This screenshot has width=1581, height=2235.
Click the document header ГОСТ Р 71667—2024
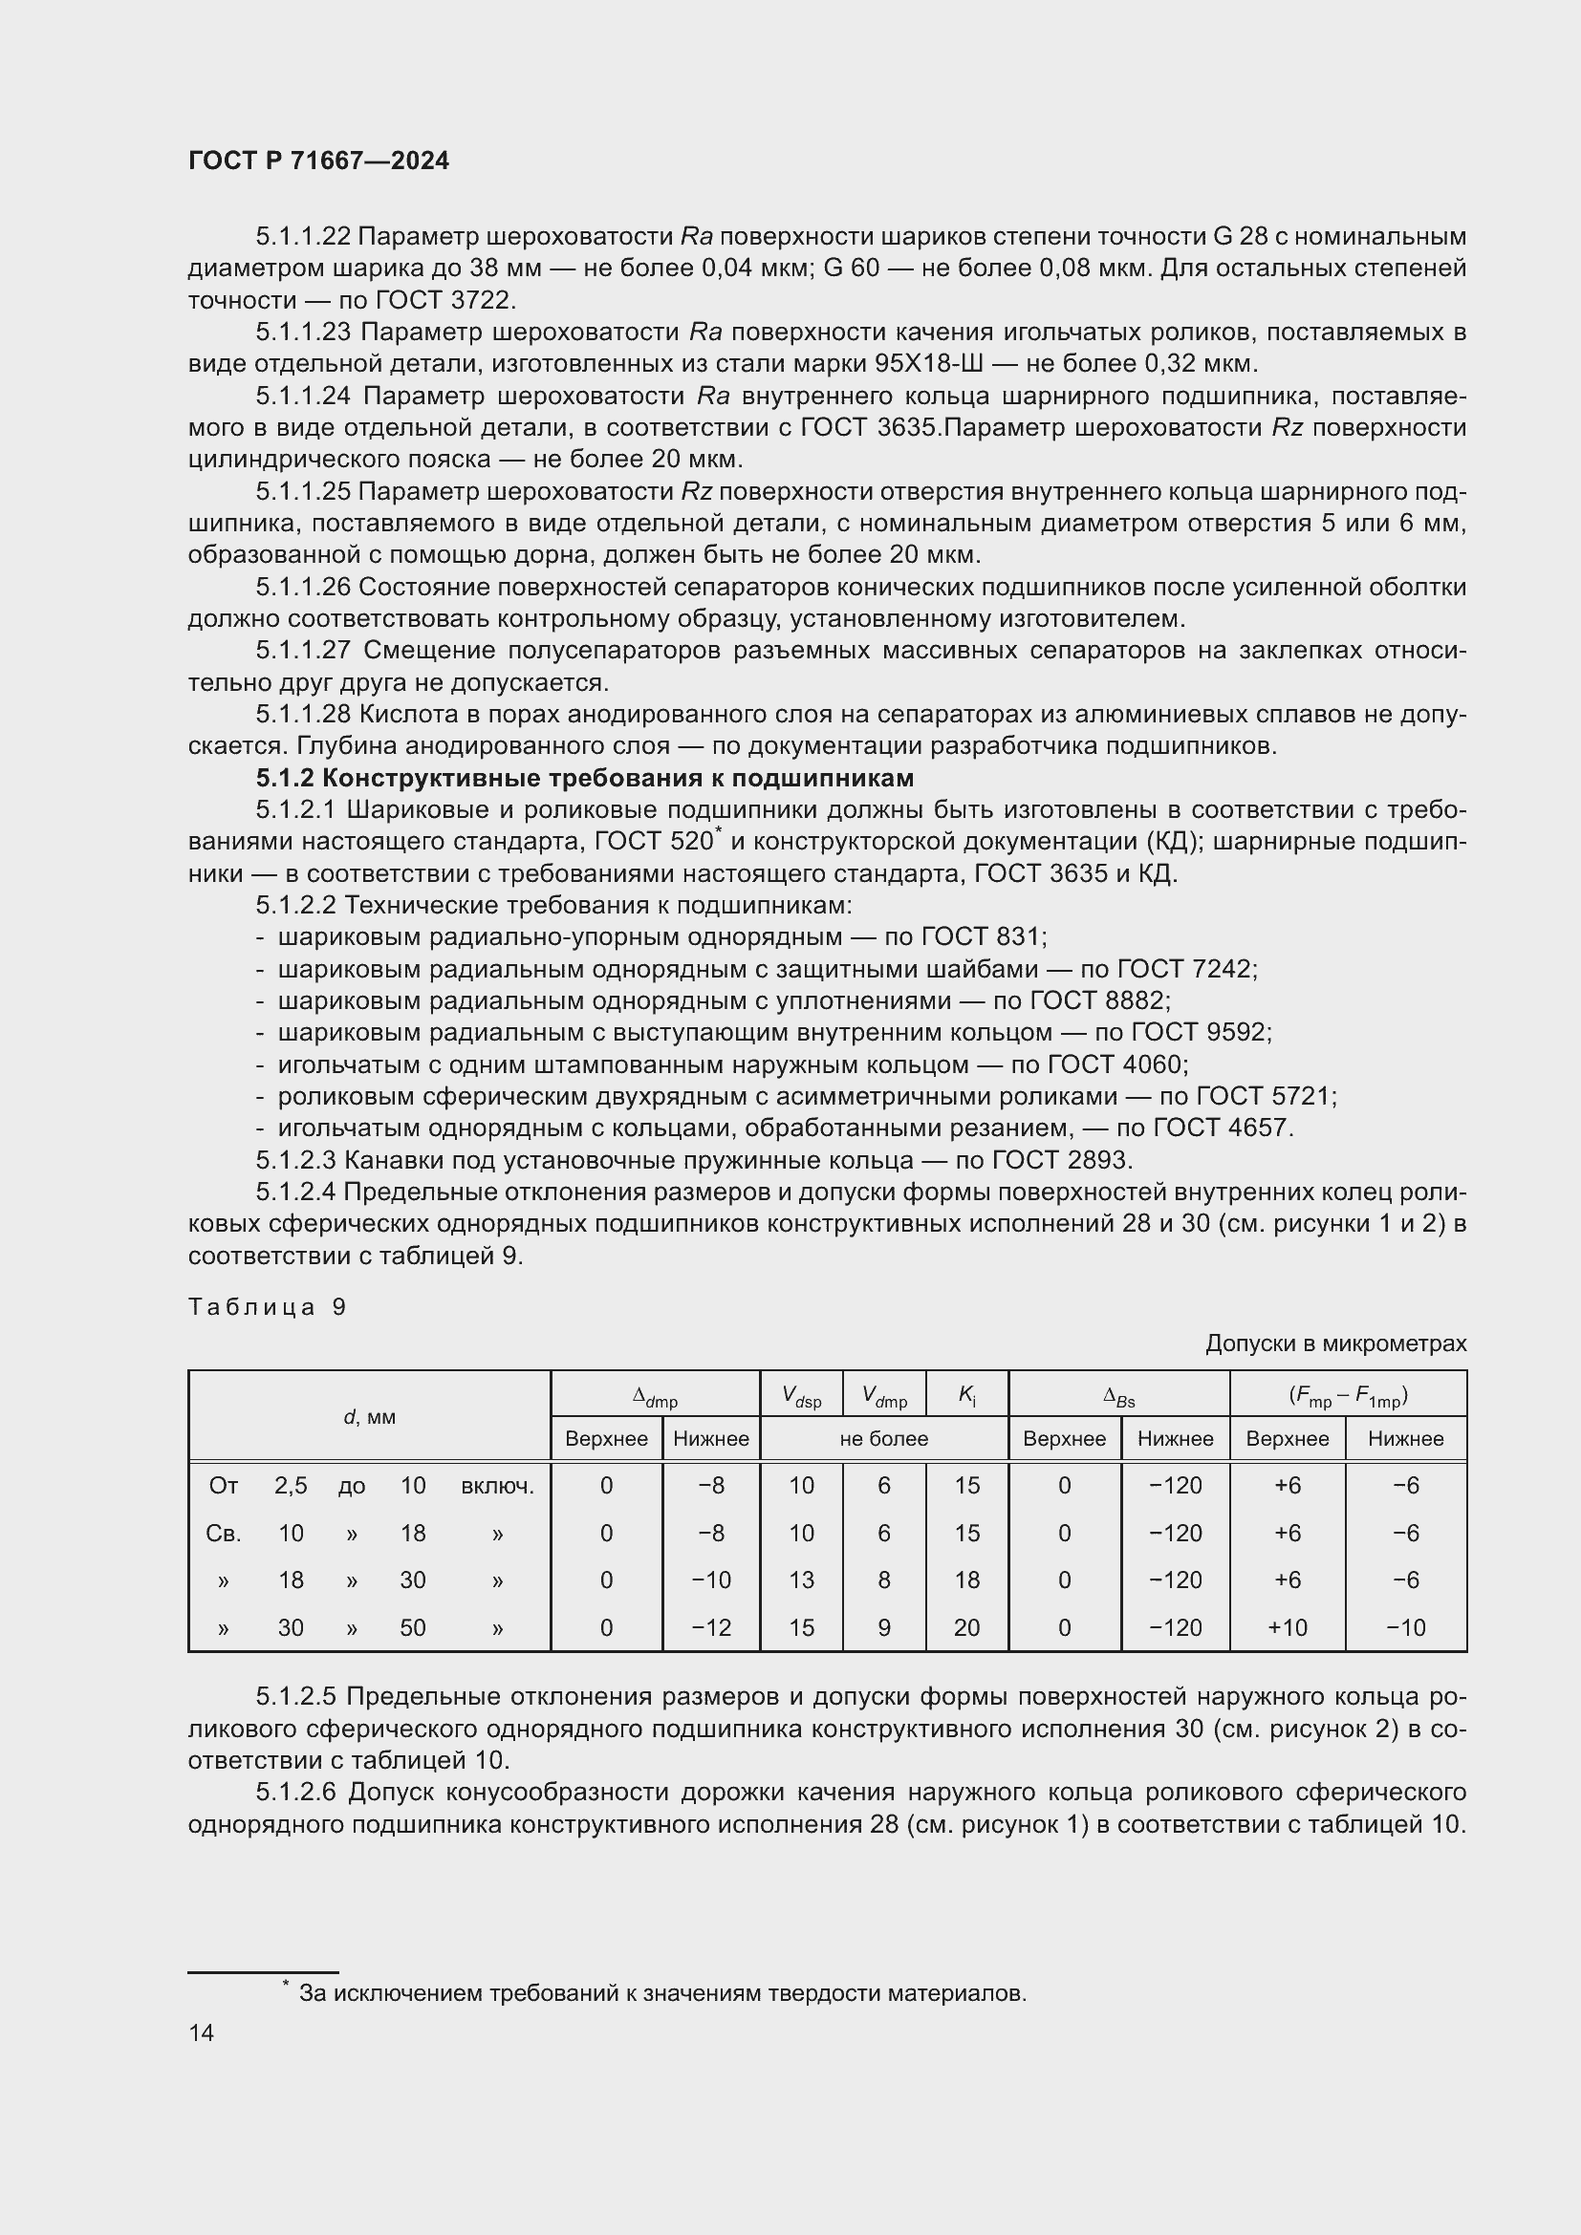tap(318, 161)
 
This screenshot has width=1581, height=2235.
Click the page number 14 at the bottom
tap(202, 2032)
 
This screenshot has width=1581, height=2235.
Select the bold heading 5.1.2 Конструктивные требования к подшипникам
tap(585, 778)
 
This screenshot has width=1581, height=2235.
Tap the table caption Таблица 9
tap(267, 1306)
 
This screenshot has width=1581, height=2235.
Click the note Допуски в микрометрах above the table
tap(1335, 1343)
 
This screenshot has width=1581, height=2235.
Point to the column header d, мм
tap(370, 1416)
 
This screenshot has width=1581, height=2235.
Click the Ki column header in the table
tap(966, 1395)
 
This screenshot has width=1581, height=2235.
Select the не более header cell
tap(884, 1439)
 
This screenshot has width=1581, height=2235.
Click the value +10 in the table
tap(1287, 1627)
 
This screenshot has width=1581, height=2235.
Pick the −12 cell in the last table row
tap(710, 1627)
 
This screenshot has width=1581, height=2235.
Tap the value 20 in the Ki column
tap(966, 1627)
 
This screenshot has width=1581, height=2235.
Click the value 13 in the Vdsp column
tap(801, 1580)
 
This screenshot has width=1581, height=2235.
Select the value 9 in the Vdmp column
tap(884, 1627)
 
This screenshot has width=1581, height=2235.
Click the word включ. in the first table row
tap(497, 1486)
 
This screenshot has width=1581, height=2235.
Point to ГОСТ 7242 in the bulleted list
tap(1185, 969)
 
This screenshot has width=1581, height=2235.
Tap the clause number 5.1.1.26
tap(303, 587)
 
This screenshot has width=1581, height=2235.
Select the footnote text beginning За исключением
tap(662, 1992)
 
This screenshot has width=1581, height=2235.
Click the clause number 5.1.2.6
tap(296, 1792)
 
